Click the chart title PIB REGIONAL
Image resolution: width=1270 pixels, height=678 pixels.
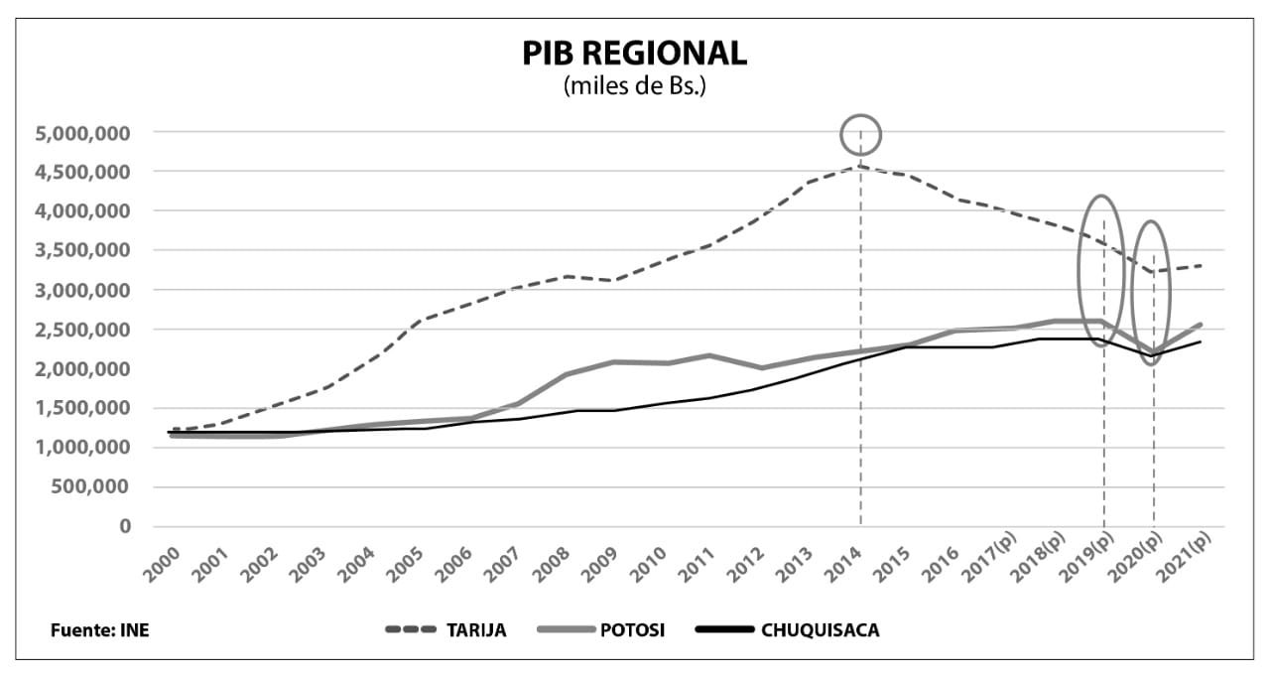(x=634, y=54)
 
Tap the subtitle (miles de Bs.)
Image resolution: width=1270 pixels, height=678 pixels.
(x=634, y=85)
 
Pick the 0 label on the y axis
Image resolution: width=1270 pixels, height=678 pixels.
(x=126, y=526)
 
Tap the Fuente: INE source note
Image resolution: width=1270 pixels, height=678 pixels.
(x=100, y=630)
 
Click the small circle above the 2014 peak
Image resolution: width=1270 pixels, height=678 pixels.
(x=860, y=133)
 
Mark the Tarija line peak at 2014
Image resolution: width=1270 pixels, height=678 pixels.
(x=860, y=167)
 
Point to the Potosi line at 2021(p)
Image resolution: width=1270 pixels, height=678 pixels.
(x=1201, y=325)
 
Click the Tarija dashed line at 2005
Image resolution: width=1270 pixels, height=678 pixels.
(x=425, y=319)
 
